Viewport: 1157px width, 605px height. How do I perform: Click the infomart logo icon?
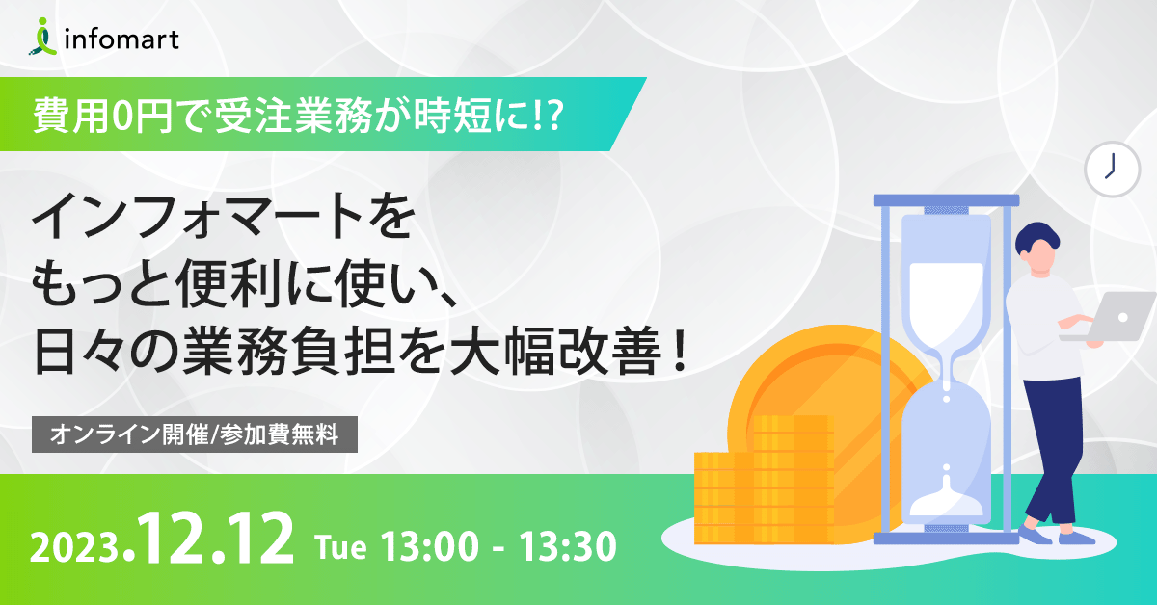(42, 37)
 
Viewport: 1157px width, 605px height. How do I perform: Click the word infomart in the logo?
(121, 39)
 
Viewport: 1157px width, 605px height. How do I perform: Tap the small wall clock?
(1112, 170)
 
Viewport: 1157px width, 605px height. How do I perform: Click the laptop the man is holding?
(1111, 316)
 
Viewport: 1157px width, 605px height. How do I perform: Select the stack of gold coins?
(764, 480)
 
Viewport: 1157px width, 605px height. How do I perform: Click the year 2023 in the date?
(75, 548)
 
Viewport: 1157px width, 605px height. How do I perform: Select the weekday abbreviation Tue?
(341, 547)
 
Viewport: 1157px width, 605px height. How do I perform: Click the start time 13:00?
(430, 547)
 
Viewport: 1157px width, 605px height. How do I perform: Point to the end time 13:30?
(568, 547)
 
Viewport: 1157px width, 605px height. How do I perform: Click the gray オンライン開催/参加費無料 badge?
(195, 434)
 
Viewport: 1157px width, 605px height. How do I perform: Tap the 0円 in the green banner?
(142, 117)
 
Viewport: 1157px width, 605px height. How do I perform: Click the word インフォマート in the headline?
(197, 216)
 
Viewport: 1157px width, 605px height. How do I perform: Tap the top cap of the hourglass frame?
(946, 200)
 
